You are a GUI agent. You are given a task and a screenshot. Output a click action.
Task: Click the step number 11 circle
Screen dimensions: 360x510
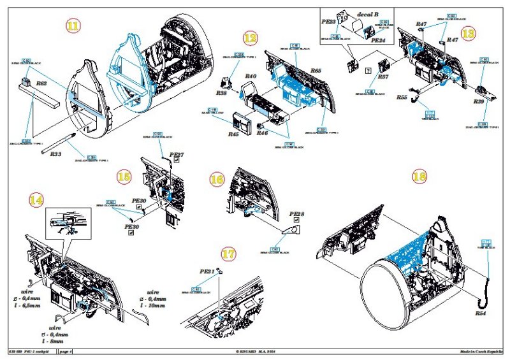pyautogui.click(x=74, y=26)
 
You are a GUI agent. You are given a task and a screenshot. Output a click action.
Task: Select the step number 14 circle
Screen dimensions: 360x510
pyautogui.click(x=37, y=199)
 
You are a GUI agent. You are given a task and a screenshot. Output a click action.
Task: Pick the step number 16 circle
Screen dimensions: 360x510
pyautogui.click(x=217, y=180)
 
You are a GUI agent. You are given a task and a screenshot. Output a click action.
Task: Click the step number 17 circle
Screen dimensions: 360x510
pyautogui.click(x=228, y=253)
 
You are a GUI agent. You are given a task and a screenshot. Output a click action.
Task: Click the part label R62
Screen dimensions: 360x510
pyautogui.click(x=42, y=83)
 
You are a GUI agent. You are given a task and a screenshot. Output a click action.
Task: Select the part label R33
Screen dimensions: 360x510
pyautogui.click(x=55, y=154)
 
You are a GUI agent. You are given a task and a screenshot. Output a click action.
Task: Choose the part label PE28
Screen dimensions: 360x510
pyautogui.click(x=297, y=215)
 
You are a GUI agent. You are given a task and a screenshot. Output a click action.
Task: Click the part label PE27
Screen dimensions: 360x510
pyautogui.click(x=177, y=155)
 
